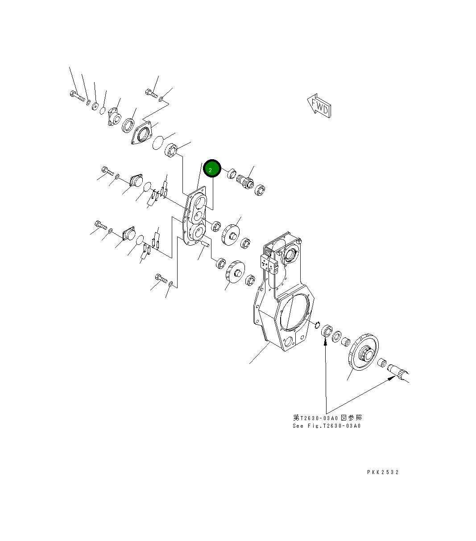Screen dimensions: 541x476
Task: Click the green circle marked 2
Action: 212,169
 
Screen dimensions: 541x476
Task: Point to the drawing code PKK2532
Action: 383,472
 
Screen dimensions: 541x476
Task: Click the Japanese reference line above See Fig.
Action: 327,418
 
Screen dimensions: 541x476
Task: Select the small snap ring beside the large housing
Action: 318,324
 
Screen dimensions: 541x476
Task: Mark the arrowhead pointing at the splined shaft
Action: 392,378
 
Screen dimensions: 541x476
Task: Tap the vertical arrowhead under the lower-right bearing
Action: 326,341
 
